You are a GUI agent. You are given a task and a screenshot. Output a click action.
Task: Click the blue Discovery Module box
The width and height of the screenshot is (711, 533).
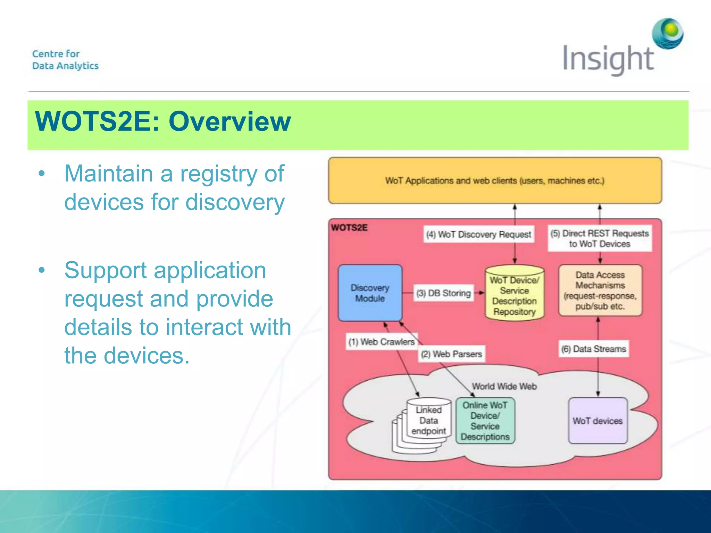click(370, 293)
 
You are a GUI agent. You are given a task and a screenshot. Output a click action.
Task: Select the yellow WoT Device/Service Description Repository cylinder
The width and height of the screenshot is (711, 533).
click(514, 295)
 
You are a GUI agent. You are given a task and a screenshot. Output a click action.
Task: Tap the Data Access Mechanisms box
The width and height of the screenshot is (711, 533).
click(600, 290)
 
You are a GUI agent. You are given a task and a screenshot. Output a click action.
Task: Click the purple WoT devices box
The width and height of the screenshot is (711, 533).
click(597, 421)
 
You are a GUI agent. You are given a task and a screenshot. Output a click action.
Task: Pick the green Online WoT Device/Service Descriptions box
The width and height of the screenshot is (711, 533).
click(485, 421)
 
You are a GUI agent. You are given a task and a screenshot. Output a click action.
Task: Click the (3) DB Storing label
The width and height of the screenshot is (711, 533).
click(444, 294)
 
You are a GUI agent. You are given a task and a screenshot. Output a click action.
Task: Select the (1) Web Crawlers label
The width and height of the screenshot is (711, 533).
click(382, 342)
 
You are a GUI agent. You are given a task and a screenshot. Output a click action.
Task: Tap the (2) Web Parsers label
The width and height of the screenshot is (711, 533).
click(451, 354)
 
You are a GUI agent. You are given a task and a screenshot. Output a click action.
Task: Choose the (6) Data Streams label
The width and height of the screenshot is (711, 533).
click(594, 349)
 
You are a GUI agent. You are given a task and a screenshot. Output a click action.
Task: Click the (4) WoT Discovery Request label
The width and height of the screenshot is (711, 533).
click(479, 235)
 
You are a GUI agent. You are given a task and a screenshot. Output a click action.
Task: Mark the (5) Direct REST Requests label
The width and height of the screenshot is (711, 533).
click(600, 238)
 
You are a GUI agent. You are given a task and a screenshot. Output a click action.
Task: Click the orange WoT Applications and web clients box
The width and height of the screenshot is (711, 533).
click(495, 181)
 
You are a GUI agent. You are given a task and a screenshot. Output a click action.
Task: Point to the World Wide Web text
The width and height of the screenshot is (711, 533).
click(504, 387)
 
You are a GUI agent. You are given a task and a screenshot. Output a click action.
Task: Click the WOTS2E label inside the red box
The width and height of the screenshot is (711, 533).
click(349, 228)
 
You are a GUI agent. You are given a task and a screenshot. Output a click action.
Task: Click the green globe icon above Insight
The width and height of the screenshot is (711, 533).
click(668, 34)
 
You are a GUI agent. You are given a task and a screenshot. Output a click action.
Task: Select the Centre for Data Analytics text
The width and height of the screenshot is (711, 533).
click(65, 60)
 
